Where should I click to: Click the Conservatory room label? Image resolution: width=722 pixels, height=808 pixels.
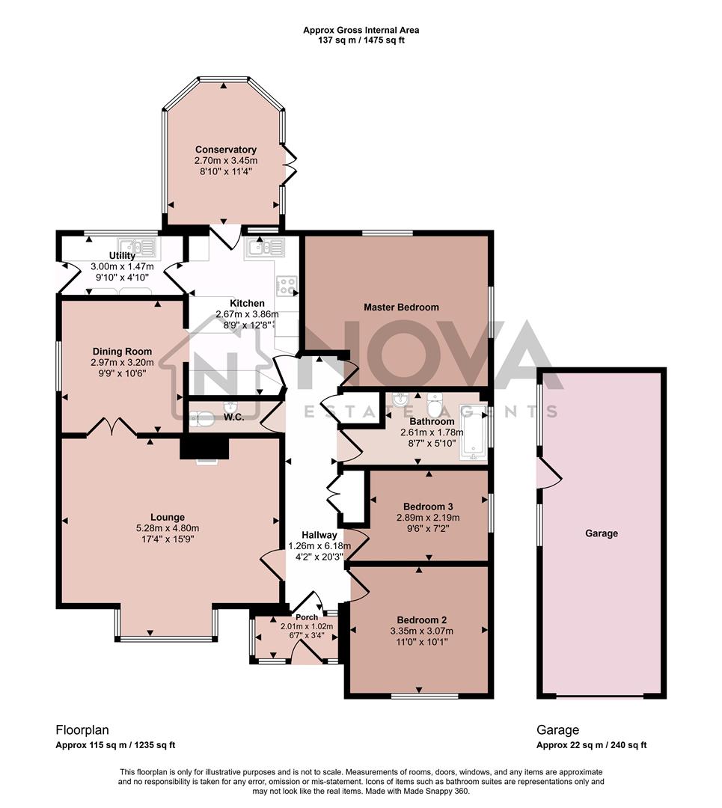225,150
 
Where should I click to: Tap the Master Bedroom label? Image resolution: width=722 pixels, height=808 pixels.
401,307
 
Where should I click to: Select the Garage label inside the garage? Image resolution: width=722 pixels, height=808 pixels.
602,533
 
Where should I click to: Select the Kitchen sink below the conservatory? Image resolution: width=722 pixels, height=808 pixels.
265,246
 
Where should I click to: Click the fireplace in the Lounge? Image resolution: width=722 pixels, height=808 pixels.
204,450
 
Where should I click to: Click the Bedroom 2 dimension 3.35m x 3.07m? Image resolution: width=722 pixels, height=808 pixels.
422,631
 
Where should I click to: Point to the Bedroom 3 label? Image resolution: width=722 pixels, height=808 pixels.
427,505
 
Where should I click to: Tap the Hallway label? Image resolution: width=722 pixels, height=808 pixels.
319,535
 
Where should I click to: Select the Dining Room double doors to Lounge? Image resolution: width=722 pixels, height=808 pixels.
111,427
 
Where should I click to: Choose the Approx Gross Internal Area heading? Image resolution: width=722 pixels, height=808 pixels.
361,30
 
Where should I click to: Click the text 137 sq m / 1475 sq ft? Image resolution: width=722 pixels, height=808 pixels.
361,40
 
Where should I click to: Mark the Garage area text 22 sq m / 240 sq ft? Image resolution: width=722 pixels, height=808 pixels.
591,745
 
